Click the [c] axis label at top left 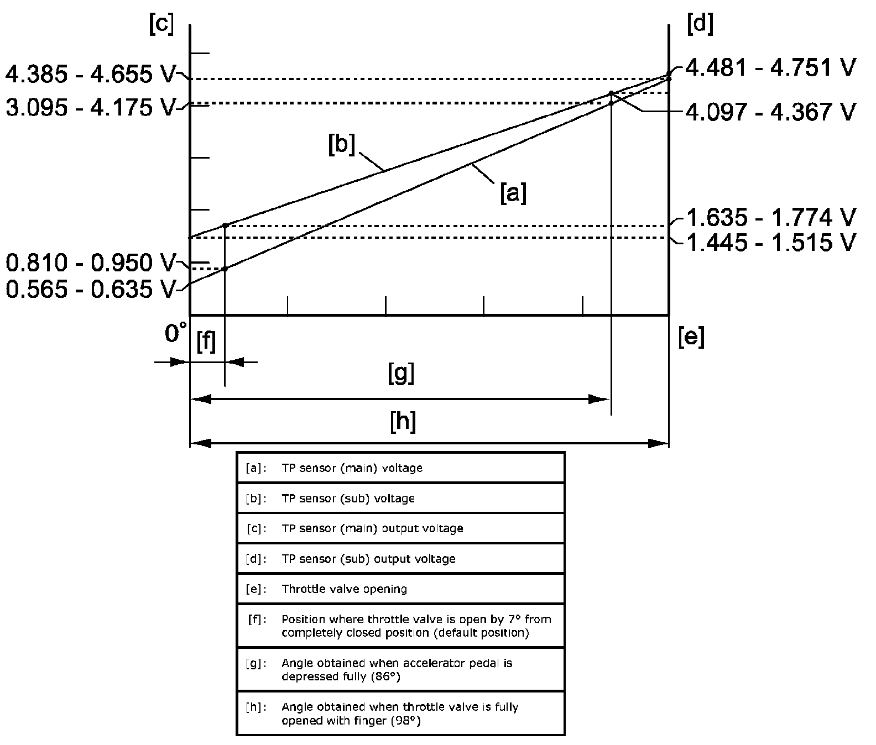[x=161, y=25]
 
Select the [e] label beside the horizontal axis [x=691, y=337]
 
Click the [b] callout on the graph [x=341, y=145]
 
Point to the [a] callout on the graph [x=513, y=193]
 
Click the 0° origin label [x=175, y=334]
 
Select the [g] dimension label [x=401, y=374]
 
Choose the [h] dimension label [x=403, y=423]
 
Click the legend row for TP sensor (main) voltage [x=400, y=468]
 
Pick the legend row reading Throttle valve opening [x=400, y=589]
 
